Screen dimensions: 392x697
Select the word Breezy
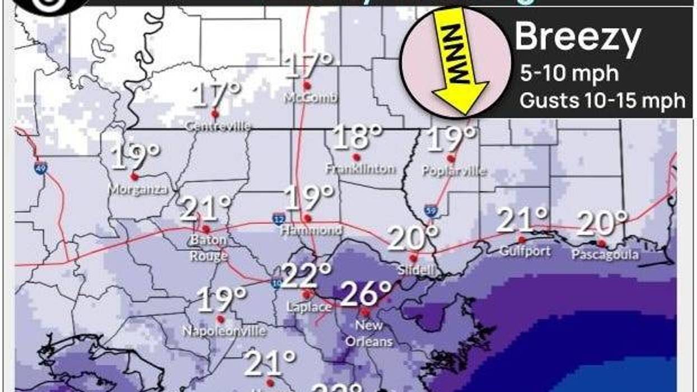(x=578, y=38)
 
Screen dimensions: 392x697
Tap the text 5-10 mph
(x=569, y=73)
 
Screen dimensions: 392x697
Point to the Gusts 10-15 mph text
(x=602, y=101)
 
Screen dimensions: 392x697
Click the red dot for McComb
(x=307, y=86)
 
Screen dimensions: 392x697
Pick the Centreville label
(x=218, y=127)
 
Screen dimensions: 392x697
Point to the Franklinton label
(x=361, y=169)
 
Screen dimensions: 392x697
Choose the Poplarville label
(x=454, y=171)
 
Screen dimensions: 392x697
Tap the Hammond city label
(x=311, y=230)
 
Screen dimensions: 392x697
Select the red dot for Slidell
(x=413, y=258)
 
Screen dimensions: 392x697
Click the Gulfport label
(x=525, y=251)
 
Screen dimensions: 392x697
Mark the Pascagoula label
(x=605, y=255)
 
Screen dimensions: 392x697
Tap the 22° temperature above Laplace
(x=306, y=276)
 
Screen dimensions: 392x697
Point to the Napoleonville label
(x=223, y=331)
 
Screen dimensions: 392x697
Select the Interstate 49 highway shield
(x=39, y=167)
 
